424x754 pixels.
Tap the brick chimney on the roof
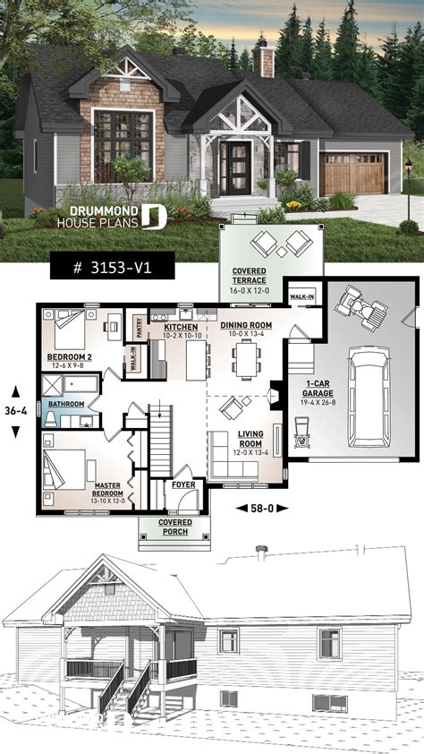[262, 61]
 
